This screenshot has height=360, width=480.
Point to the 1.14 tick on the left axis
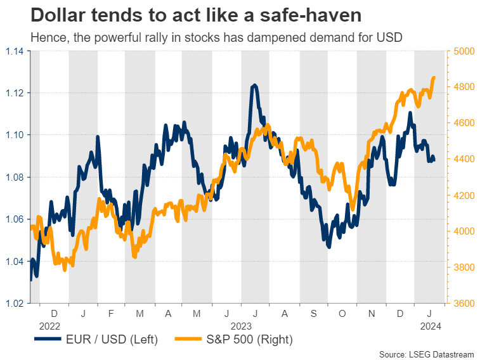click(16, 51)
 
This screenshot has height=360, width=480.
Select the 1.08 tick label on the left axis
click(16, 177)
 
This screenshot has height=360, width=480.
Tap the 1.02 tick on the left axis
click(16, 302)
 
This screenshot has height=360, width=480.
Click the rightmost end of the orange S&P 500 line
click(434, 78)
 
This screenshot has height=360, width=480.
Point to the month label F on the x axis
click(111, 313)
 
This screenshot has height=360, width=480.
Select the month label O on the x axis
click(342, 313)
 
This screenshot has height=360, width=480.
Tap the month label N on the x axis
click(371, 313)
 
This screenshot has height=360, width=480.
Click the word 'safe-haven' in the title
click(292, 15)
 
